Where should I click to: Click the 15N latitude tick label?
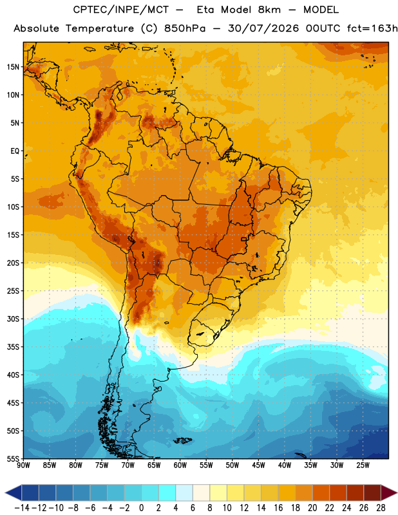(13, 67)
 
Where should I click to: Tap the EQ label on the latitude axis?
(15, 151)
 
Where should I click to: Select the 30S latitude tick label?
(13, 319)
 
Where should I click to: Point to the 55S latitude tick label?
(13, 458)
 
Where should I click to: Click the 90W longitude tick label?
(23, 465)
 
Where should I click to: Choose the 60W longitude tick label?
(180, 465)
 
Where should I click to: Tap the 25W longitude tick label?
(363, 465)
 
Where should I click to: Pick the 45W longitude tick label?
(258, 465)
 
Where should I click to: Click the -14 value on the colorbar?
(22, 508)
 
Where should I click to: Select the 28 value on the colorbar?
(381, 508)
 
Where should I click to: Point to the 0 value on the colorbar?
(141, 508)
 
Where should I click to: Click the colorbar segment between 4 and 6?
(184, 493)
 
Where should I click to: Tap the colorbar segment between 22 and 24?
(338, 493)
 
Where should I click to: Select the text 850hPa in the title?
(185, 28)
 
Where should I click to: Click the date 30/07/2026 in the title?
(263, 28)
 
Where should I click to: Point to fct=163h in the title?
(372, 28)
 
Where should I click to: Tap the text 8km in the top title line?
(269, 10)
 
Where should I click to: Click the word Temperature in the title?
(100, 28)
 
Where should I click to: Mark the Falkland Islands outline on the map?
(183, 440)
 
